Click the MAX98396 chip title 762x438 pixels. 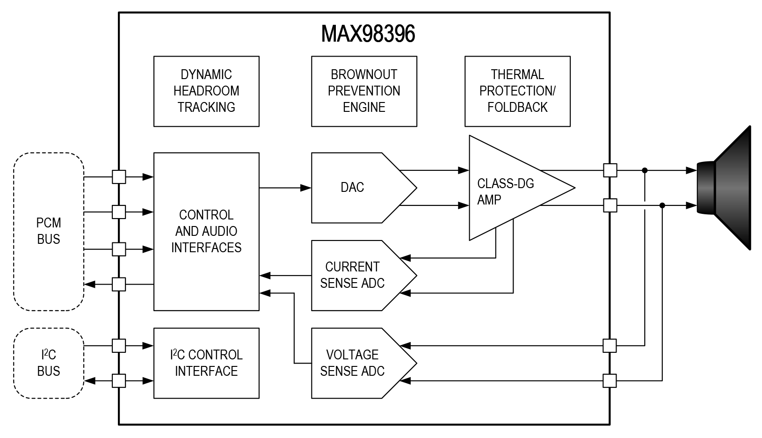pos(368,34)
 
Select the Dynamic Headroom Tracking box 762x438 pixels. pos(206,91)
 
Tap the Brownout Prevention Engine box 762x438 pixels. pos(364,91)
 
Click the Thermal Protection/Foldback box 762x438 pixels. pos(517,91)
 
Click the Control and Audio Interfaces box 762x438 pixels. pos(206,231)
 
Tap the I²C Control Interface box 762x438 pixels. pos(206,363)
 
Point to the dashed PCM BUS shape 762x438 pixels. pos(49,231)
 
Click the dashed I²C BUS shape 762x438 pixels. pos(49,363)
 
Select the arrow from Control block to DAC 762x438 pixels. pos(285,188)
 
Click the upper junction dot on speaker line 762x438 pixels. pos(645,170)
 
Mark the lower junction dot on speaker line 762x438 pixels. pos(662,205)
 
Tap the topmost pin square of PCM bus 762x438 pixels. pos(119,177)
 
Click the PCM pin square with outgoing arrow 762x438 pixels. pos(119,284)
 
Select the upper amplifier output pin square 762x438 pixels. pos(610,170)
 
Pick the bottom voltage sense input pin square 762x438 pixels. pos(610,381)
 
